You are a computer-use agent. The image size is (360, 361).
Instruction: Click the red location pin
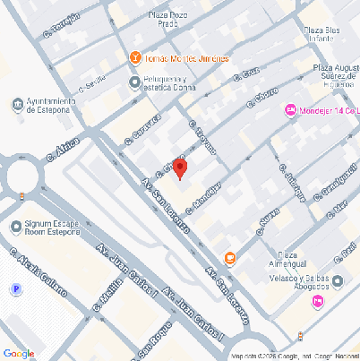pos(180,168)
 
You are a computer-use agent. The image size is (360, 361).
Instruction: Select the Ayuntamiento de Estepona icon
pos(18,105)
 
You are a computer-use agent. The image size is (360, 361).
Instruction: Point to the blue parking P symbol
pos(14,289)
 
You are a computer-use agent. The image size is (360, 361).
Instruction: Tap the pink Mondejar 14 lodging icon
pos(290,110)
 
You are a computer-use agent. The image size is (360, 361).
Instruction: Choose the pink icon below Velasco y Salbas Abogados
pos(318,301)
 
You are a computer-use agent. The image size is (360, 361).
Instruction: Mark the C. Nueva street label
pos(265,221)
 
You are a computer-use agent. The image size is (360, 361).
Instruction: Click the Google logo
pos(19,353)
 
